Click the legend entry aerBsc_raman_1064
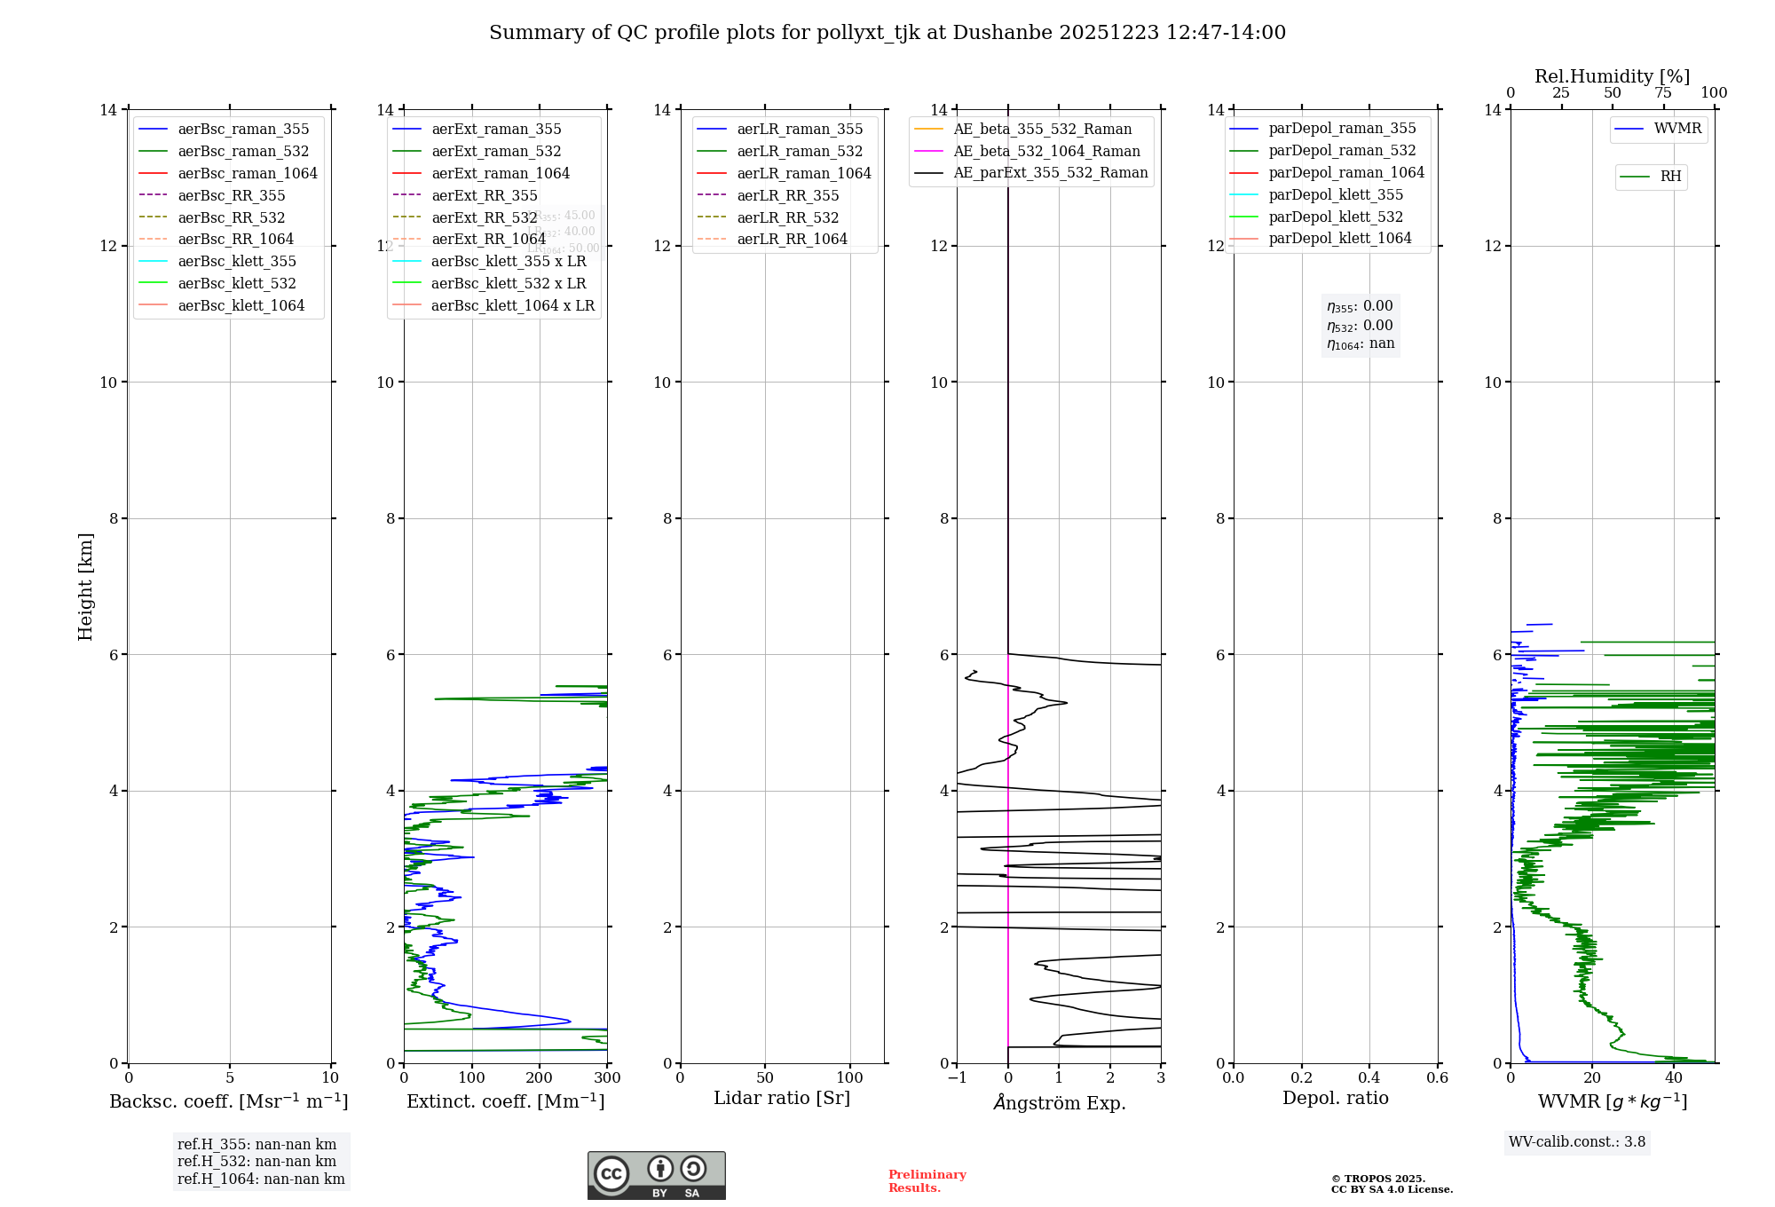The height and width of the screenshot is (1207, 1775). click(x=247, y=173)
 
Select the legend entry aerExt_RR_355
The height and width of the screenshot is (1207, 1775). click(x=484, y=195)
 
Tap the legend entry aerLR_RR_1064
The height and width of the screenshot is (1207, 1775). click(x=792, y=239)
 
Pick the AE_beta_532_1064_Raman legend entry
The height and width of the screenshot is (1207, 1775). click(x=1046, y=151)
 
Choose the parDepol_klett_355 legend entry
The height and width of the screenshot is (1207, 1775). click(x=1336, y=194)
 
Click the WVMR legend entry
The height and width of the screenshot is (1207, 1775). click(x=1677, y=129)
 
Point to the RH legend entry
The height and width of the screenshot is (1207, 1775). click(x=1670, y=177)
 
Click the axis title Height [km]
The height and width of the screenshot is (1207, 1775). click(x=85, y=586)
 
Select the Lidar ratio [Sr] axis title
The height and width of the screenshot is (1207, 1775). click(x=782, y=1098)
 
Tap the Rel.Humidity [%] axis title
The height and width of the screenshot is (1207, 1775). click(x=1612, y=76)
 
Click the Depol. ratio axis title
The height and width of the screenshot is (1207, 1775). click(x=1335, y=1098)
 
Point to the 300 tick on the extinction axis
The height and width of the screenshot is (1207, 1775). click(x=608, y=1078)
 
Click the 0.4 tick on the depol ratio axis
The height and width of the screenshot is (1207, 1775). click(x=1369, y=1078)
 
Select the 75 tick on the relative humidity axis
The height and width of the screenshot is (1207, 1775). click(x=1663, y=93)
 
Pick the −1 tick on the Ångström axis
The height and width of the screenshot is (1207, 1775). click(x=957, y=1078)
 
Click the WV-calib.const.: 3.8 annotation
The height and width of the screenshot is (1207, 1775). click(x=1577, y=1142)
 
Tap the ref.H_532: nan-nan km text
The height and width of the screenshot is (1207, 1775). click(x=256, y=1161)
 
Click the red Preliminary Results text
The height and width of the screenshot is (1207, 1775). click(x=927, y=1181)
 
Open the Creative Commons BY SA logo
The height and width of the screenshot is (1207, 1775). click(x=656, y=1176)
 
